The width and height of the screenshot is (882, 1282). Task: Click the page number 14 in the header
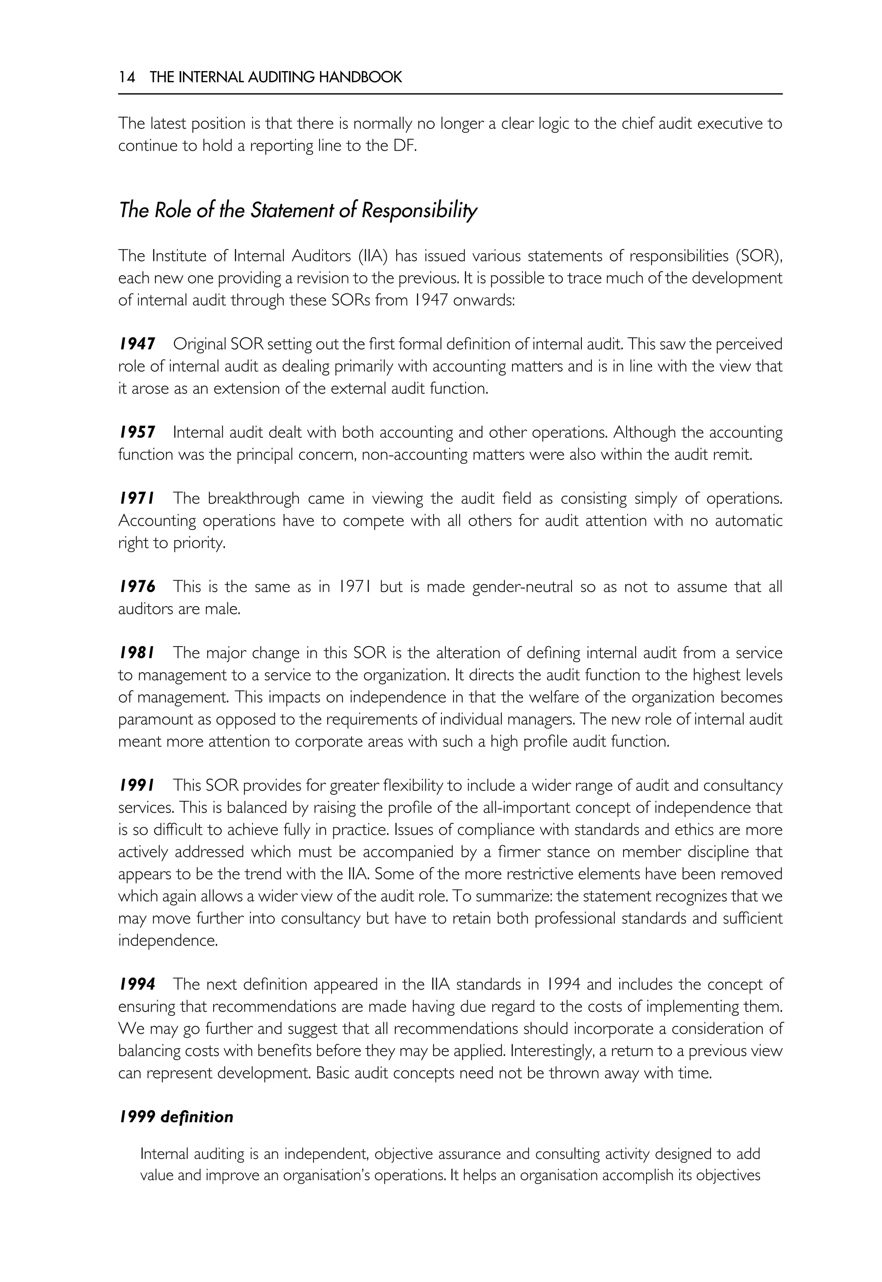coord(127,77)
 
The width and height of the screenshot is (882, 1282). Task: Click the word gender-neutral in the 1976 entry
coord(522,587)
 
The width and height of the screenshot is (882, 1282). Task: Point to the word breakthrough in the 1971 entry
coord(254,499)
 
